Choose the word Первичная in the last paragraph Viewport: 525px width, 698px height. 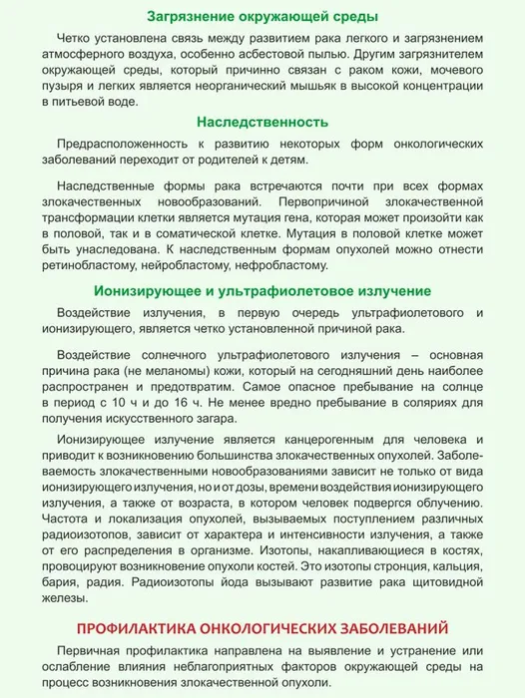(93, 650)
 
